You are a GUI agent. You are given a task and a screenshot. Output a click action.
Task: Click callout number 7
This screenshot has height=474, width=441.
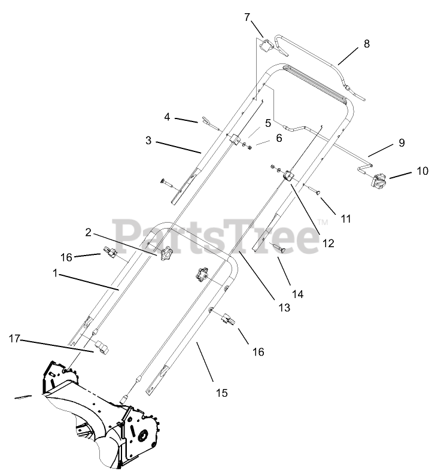[247, 17]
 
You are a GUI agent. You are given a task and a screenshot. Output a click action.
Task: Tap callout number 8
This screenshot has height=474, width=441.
[366, 44]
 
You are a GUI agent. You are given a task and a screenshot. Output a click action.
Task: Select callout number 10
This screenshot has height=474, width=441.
[422, 171]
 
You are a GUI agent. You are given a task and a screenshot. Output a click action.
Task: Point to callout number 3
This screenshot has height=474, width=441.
[148, 142]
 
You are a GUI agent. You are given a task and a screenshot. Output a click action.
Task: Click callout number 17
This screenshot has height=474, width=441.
[15, 339]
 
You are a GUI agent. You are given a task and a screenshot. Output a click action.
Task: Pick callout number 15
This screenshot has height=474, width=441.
[221, 393]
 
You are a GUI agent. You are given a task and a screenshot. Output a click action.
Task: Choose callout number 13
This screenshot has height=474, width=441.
[284, 308]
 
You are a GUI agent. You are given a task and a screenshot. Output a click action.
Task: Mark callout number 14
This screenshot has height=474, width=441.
[297, 294]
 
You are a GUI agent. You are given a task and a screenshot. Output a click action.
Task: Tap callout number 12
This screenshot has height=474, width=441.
[327, 243]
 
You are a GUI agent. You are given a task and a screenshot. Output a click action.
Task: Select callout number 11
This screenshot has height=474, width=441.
[346, 218]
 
